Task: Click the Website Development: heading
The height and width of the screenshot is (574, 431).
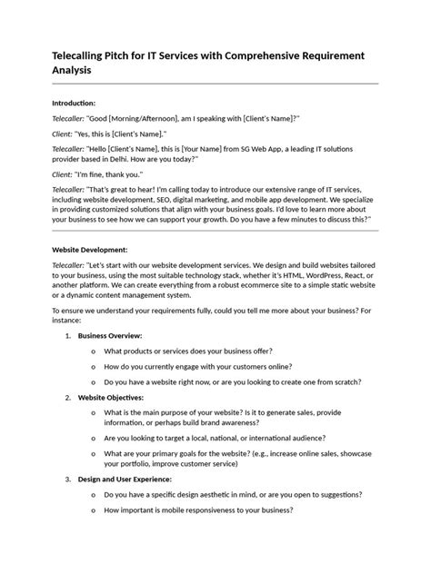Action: [90, 248]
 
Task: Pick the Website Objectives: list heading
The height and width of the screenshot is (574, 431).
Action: [111, 397]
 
